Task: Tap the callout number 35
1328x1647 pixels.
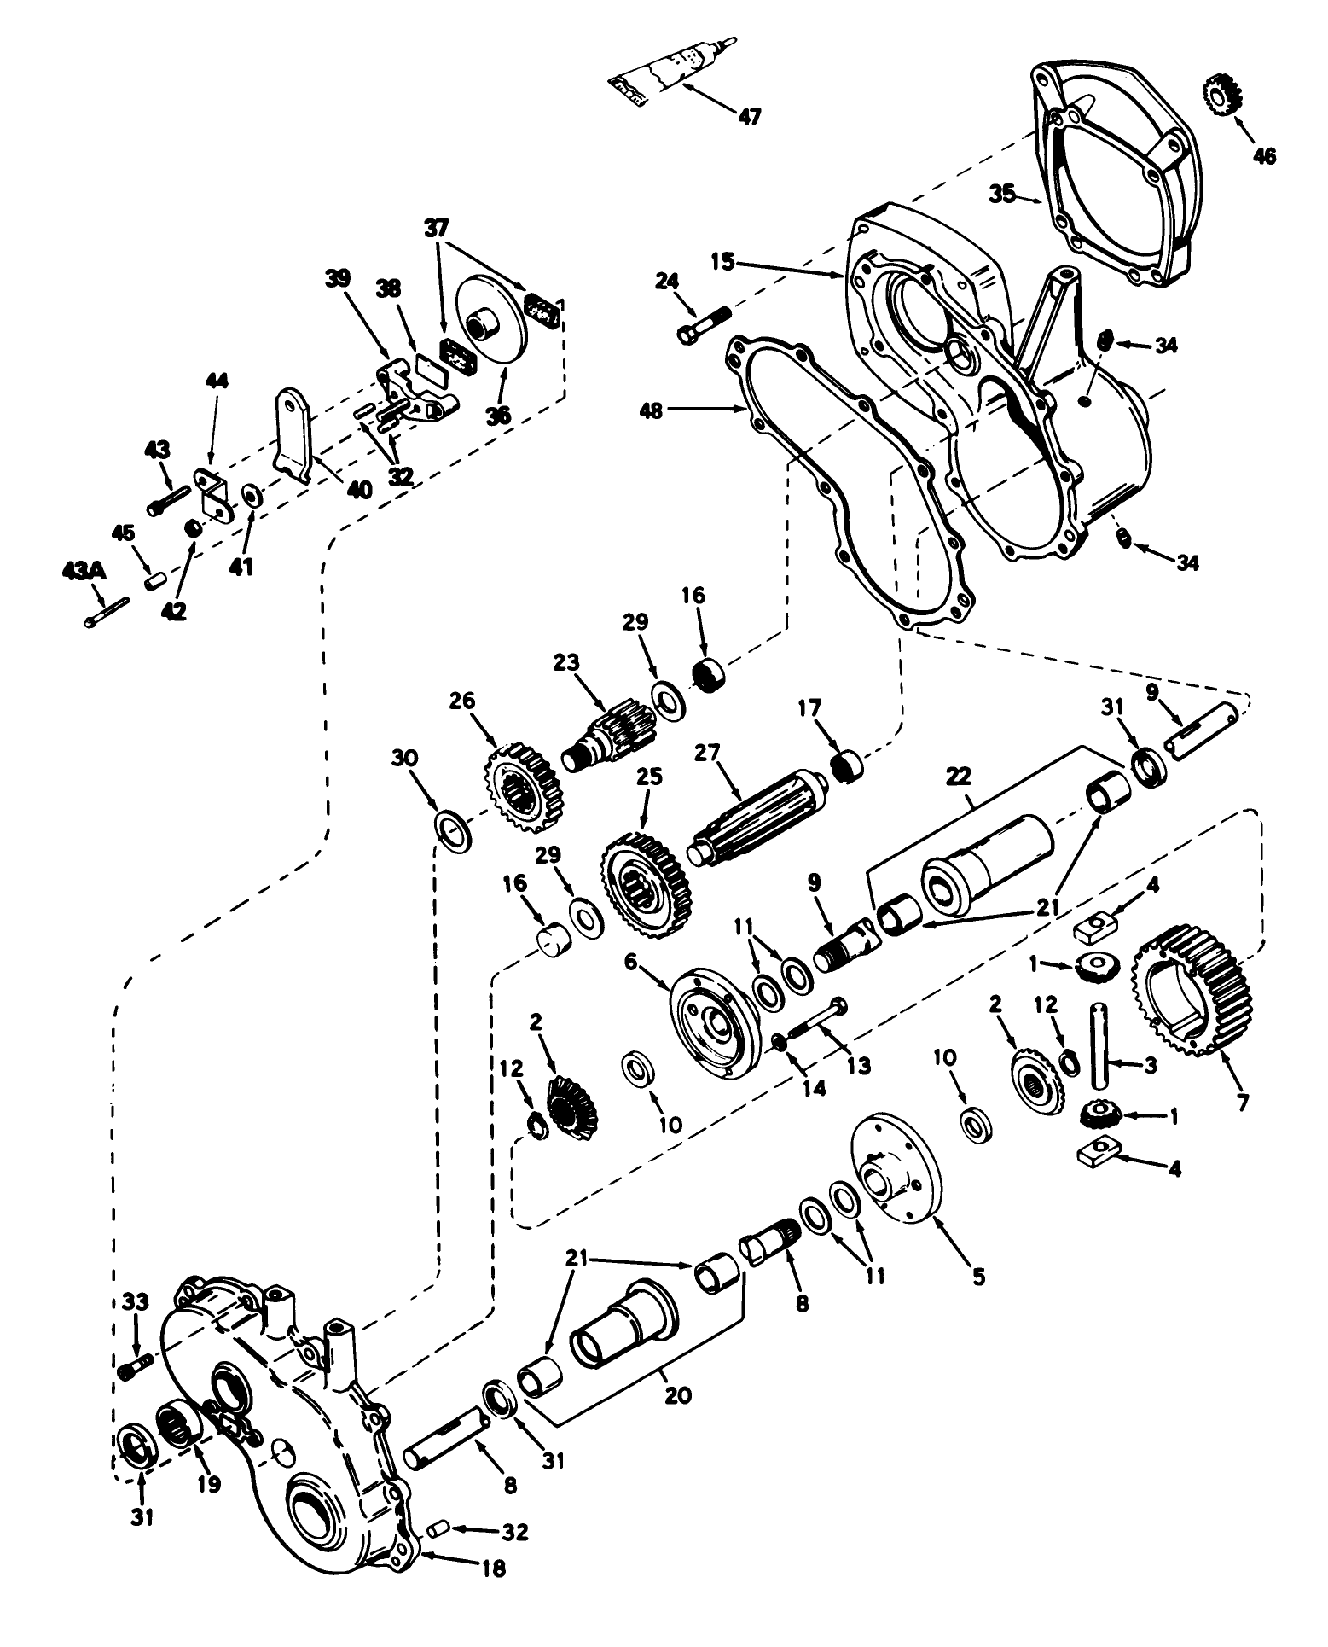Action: pyautogui.click(x=1003, y=195)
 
